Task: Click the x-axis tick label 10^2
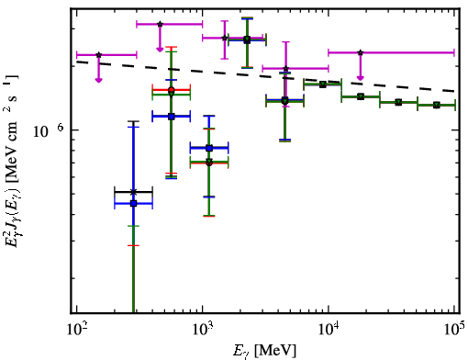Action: [x=76, y=330]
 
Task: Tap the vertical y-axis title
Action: [x=12, y=161]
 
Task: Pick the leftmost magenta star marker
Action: [x=98, y=55]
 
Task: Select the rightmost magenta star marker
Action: [x=361, y=52]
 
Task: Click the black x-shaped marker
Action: [x=133, y=192]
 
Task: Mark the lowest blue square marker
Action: [x=133, y=203]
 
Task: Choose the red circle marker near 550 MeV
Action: [x=172, y=90]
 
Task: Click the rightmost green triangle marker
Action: [x=437, y=105]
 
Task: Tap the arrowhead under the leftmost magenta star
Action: [x=98, y=80]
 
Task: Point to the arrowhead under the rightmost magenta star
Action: [x=361, y=78]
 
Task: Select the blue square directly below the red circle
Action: [x=172, y=117]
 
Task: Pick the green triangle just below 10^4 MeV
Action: [x=322, y=84]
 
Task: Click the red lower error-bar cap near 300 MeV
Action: [x=133, y=245]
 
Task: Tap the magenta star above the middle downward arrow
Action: [x=160, y=24]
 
